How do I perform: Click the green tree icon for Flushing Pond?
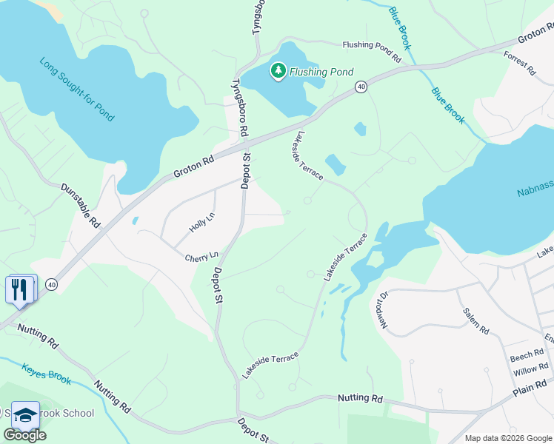278,71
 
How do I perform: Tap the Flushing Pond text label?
321,72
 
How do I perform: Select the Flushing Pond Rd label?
376,50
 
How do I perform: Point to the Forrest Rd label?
519,64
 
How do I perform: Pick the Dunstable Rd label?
80,206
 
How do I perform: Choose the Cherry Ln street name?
201,258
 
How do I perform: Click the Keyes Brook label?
46,374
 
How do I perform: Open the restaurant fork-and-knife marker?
20,289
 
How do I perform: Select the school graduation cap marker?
25,415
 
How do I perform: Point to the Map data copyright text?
507,438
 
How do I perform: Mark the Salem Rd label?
475,321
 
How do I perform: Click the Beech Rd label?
527,357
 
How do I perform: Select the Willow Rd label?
530,369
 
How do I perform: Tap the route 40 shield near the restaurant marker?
51,284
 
